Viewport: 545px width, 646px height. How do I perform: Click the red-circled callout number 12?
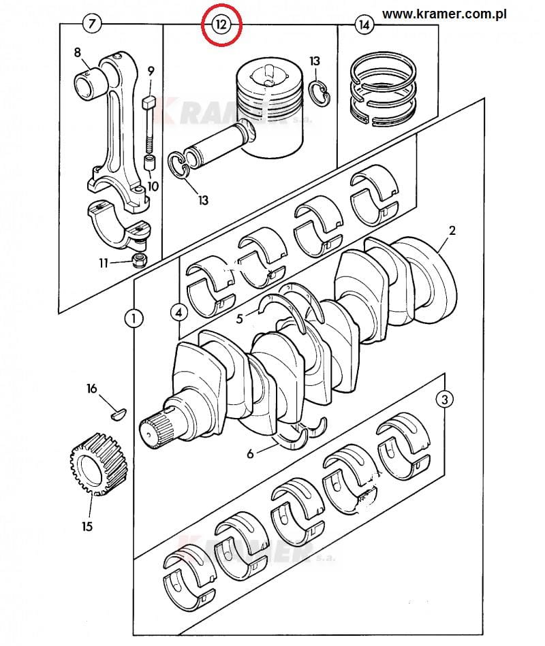pos(221,25)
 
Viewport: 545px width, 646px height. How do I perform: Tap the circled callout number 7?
pos(91,23)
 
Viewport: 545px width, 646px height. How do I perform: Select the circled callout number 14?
pos(364,25)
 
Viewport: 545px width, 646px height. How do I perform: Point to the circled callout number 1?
pos(134,318)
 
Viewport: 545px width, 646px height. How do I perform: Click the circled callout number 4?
pos(179,312)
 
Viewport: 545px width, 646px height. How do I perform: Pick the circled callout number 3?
pos(444,399)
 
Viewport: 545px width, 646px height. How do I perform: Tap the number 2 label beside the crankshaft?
pos(452,230)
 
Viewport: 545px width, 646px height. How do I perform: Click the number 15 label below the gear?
pos(87,526)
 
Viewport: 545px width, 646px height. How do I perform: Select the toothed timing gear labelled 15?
pos(97,464)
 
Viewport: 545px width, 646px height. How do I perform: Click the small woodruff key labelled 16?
pos(119,414)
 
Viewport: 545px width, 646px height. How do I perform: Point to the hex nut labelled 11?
pos(140,261)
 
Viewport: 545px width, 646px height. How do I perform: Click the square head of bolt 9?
pos(149,101)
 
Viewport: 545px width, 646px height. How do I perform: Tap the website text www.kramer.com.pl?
pos(444,14)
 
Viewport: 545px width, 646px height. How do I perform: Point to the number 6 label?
pos(250,453)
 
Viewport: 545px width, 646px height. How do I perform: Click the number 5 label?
pos(240,318)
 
